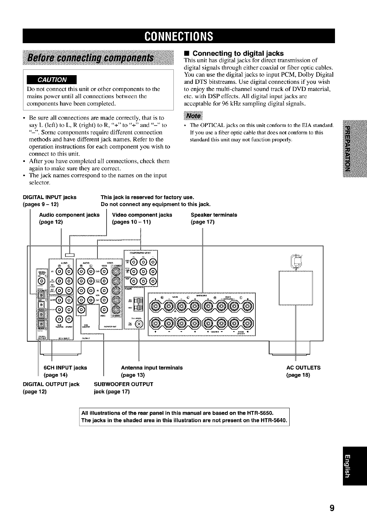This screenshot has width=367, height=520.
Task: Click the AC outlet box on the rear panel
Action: [x=296, y=288]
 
